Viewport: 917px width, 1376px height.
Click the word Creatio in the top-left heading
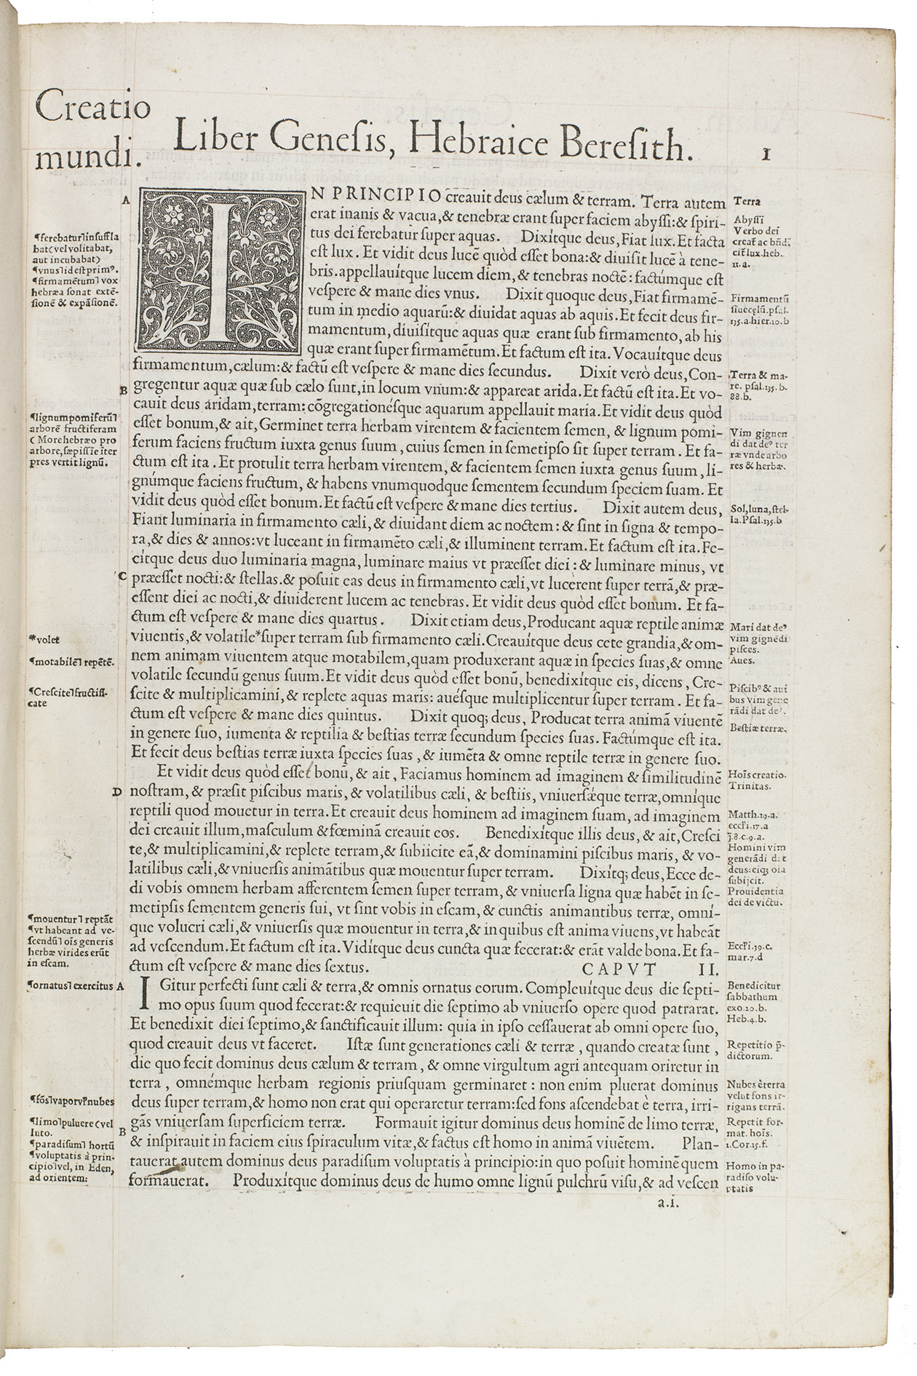[x=92, y=109]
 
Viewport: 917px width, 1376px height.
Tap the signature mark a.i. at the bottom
[x=668, y=1204]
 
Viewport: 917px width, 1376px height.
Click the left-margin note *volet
[x=45, y=640]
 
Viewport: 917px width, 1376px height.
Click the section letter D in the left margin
[x=116, y=792]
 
